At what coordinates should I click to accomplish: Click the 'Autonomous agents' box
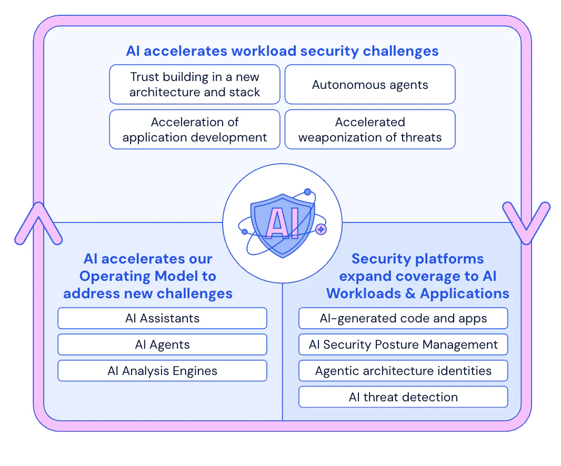click(x=369, y=85)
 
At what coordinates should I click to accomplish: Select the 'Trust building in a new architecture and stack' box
click(x=195, y=85)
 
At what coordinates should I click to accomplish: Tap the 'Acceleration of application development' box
click(x=195, y=130)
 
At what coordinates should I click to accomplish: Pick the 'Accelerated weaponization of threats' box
click(x=369, y=130)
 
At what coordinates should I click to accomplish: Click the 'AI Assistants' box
click(x=162, y=318)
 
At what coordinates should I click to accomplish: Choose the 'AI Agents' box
click(x=162, y=345)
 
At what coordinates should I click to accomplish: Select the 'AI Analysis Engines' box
click(x=162, y=371)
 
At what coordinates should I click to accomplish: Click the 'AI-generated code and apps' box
click(x=403, y=318)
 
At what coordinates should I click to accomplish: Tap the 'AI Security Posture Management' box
click(x=403, y=345)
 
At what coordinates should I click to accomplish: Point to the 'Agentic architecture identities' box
click(x=403, y=371)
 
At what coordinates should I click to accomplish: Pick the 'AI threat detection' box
click(x=403, y=397)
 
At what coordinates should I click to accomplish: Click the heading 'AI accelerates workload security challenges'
click(x=282, y=51)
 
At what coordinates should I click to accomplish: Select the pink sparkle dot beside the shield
click(x=321, y=229)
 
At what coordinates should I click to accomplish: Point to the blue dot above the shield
click(x=308, y=192)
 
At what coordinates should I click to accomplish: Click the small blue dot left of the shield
click(x=244, y=231)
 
